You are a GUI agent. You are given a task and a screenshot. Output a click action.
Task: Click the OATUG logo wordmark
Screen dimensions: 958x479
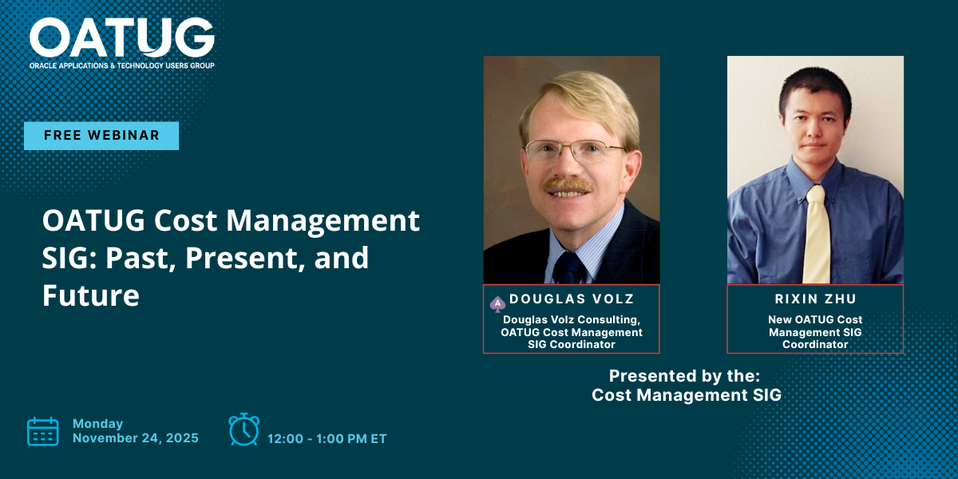(x=122, y=38)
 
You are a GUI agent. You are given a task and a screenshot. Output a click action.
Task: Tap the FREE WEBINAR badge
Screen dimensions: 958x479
(x=101, y=136)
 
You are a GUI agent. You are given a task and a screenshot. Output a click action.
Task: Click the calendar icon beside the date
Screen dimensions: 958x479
(x=43, y=432)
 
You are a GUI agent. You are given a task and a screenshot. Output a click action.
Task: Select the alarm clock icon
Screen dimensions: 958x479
(x=243, y=430)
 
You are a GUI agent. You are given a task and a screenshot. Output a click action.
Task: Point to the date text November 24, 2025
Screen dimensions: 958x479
(x=136, y=438)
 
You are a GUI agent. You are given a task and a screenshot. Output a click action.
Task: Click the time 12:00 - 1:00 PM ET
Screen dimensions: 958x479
(x=327, y=439)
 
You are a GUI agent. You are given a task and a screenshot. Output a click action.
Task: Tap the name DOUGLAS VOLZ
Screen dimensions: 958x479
(x=572, y=299)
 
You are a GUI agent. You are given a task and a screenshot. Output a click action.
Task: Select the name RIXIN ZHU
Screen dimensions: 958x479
(x=816, y=299)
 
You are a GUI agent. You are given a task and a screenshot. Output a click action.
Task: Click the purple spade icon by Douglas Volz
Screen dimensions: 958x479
(x=497, y=304)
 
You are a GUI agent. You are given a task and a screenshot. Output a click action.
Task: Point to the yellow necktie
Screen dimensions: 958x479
(x=817, y=235)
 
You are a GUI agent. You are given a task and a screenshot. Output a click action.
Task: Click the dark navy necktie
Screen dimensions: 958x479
(x=568, y=267)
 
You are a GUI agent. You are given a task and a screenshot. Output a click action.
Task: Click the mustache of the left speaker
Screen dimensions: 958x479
(x=568, y=185)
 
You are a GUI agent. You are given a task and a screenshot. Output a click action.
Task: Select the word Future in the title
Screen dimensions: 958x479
(x=91, y=295)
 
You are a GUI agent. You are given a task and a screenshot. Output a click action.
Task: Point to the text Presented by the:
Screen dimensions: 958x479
(x=684, y=376)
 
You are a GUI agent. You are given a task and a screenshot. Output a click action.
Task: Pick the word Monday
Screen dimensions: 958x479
(x=98, y=424)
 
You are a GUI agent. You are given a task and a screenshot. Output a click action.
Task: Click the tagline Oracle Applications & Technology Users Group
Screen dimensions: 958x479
(x=122, y=65)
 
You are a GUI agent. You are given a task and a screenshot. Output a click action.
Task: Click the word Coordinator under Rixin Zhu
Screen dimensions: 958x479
(x=815, y=344)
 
